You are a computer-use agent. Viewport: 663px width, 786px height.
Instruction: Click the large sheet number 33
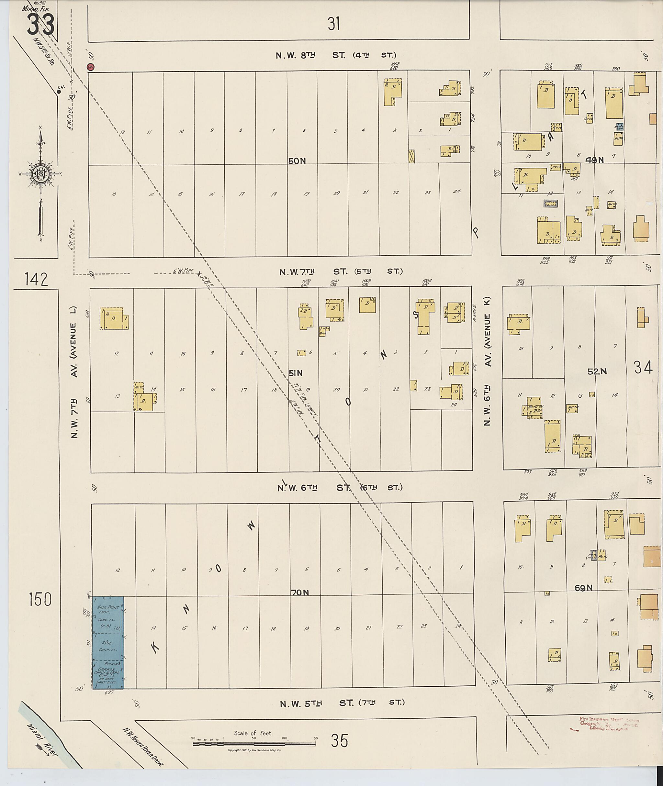click(40, 24)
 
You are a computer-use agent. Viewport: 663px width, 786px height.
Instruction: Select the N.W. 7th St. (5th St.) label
click(341, 271)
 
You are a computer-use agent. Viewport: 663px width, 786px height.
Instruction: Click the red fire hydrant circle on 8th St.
click(91, 67)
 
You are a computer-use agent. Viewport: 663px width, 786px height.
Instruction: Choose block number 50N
click(297, 161)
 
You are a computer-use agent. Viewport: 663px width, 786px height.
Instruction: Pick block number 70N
click(299, 592)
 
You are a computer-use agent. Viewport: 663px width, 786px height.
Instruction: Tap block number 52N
click(597, 371)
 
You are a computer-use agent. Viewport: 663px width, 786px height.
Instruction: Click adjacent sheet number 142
click(37, 280)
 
